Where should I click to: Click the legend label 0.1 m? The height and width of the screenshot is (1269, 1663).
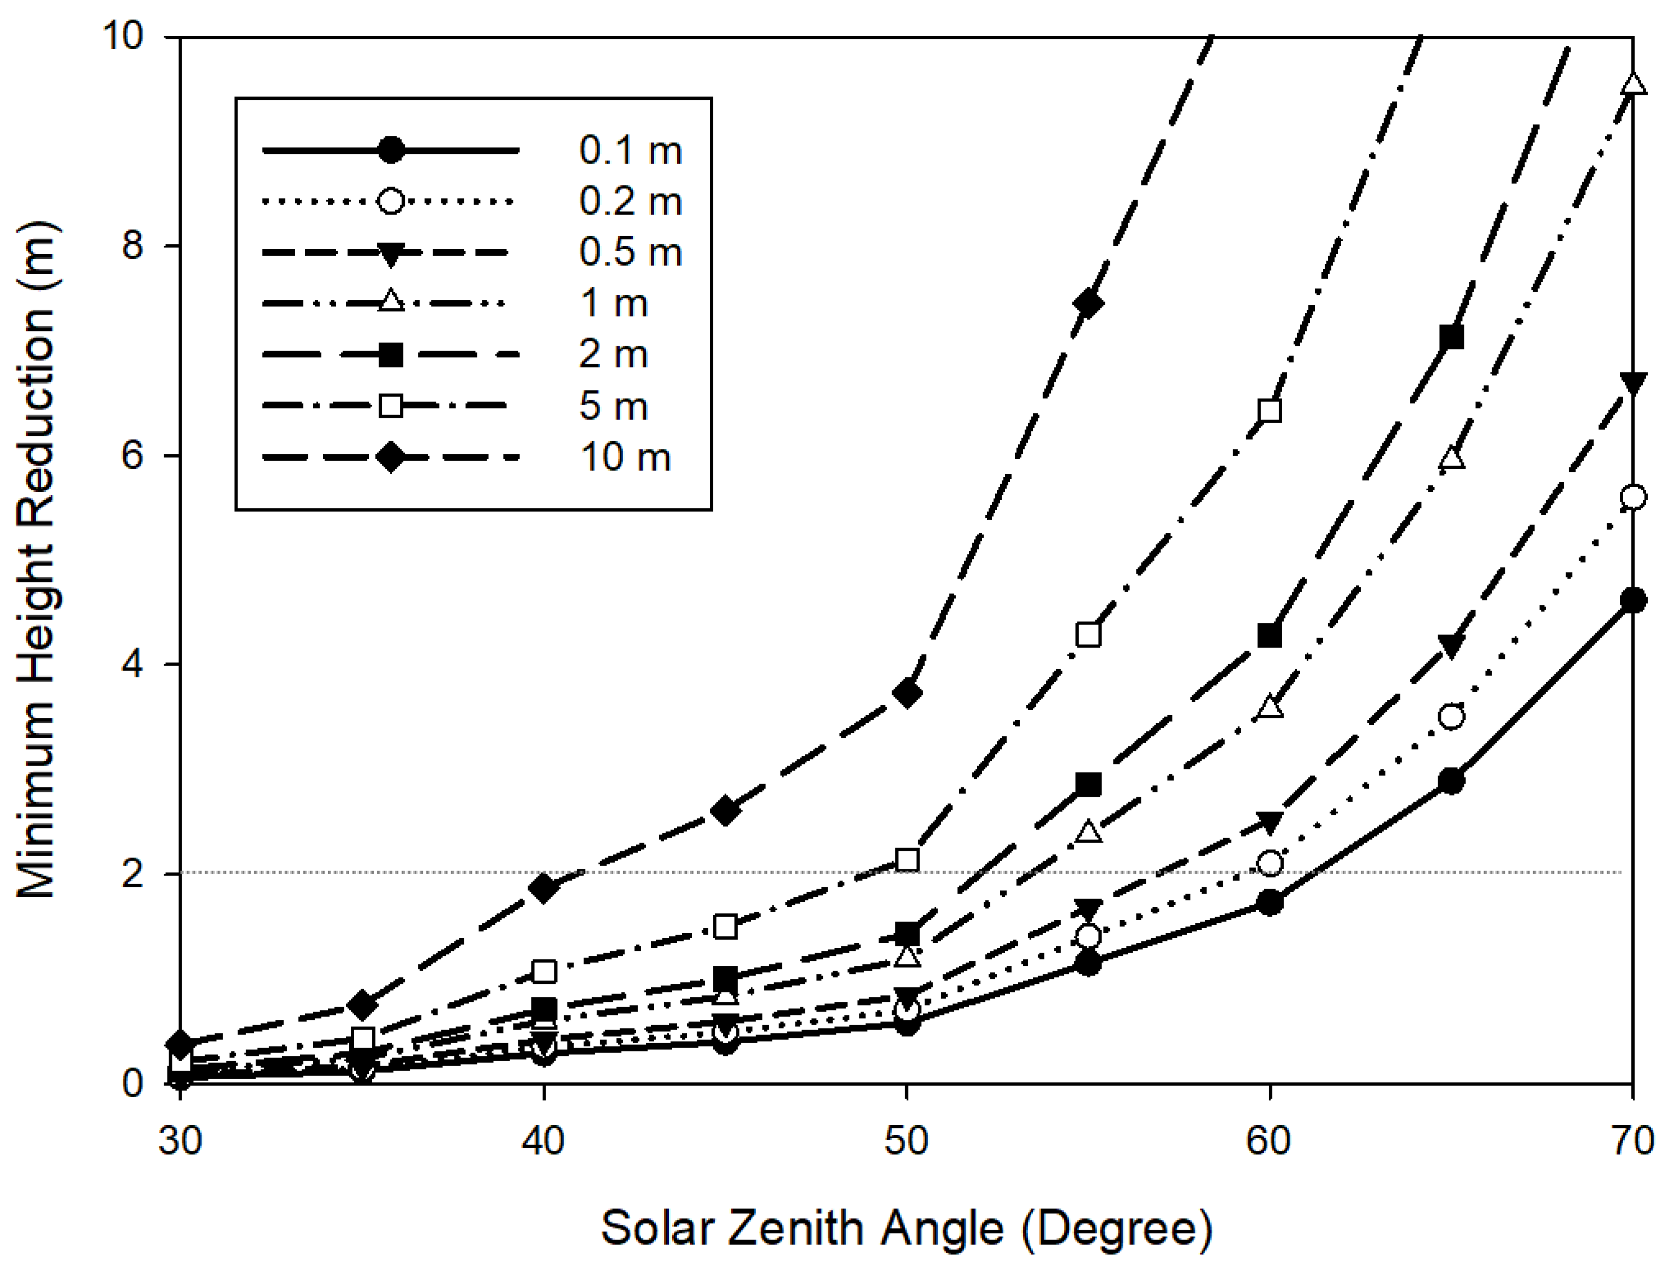click(630, 151)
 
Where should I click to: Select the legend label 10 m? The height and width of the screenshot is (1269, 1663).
click(625, 458)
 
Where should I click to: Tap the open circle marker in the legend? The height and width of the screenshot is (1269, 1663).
click(390, 201)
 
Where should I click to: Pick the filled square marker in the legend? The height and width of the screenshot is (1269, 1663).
click(390, 354)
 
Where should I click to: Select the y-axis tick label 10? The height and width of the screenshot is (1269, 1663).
click(122, 36)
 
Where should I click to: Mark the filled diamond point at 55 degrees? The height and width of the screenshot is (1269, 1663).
click(1088, 304)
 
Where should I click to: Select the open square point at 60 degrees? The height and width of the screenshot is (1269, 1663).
click(1270, 411)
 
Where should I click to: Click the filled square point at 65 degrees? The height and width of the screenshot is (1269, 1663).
click(1451, 337)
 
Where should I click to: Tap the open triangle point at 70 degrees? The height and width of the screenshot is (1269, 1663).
click(1634, 83)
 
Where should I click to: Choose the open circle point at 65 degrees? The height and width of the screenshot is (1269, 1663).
click(1451, 716)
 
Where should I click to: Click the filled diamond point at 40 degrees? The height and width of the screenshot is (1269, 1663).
click(543, 888)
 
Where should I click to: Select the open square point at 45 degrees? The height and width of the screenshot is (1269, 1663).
click(725, 926)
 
